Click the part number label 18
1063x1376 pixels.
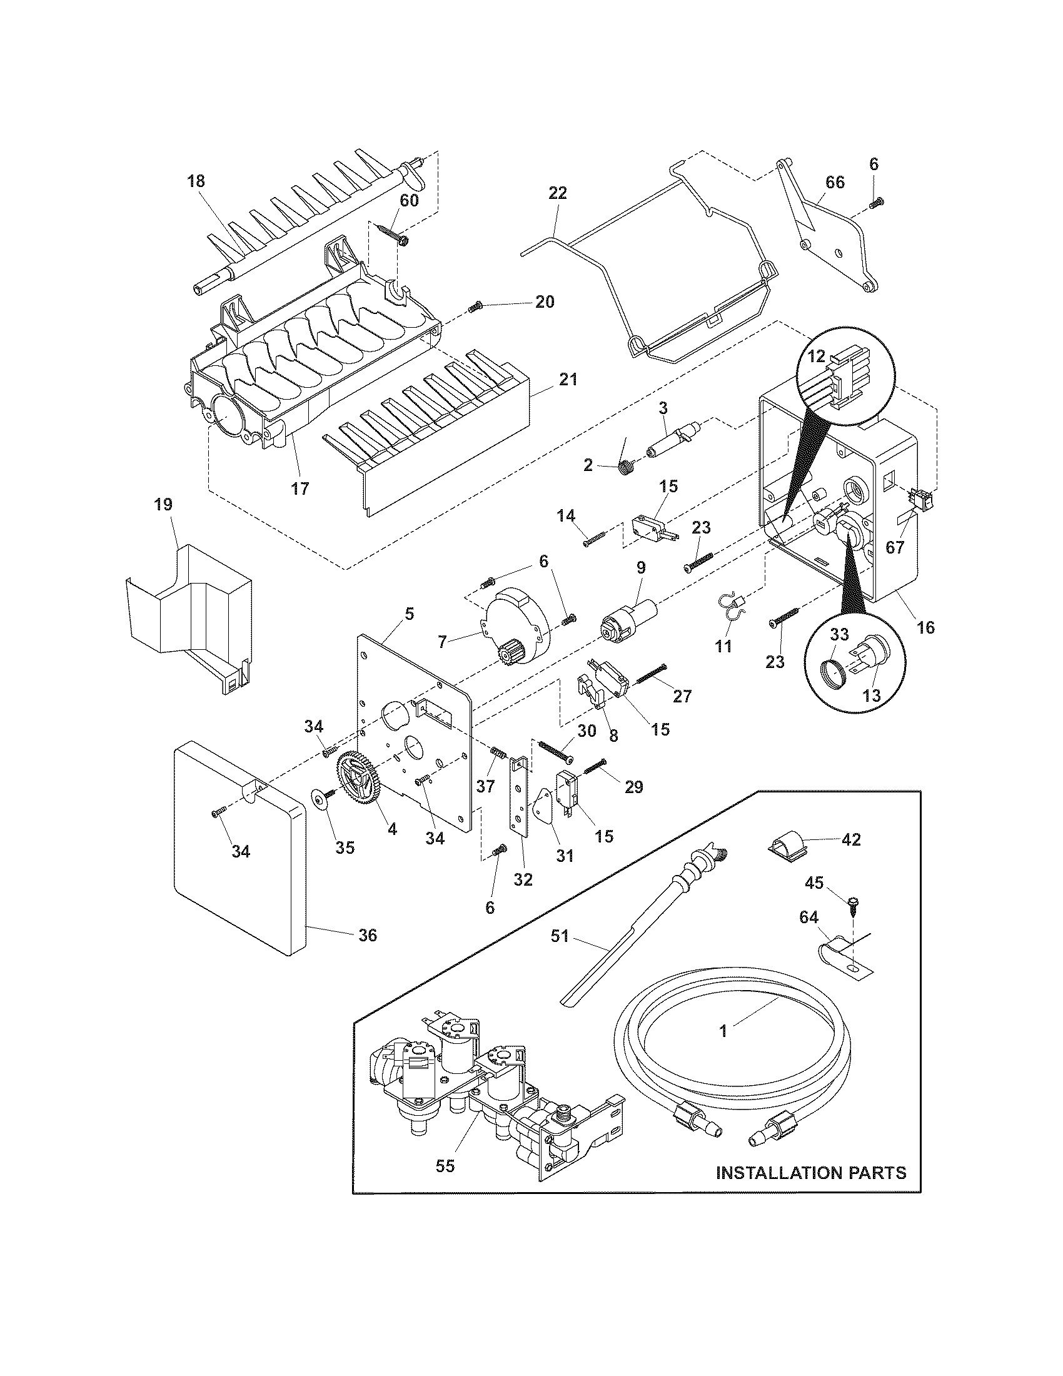click(x=196, y=181)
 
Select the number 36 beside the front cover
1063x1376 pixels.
click(x=367, y=953)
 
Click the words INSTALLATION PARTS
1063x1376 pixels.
click(x=811, y=1173)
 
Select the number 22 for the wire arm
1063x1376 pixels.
click(x=557, y=193)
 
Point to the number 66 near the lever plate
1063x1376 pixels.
click(x=835, y=182)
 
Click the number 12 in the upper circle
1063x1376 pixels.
click(x=816, y=356)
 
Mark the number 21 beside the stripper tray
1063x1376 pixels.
click(x=567, y=380)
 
